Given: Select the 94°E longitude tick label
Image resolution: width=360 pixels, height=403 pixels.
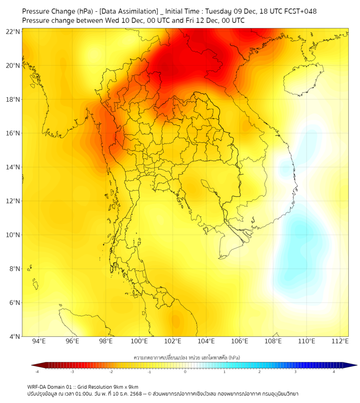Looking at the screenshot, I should tap(39, 341).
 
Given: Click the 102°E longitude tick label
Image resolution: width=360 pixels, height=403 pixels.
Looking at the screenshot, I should tap(173, 341).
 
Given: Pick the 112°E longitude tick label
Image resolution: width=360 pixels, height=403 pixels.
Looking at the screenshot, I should tap(340, 341).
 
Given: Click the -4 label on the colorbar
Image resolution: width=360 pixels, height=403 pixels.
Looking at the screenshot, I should tap(37, 372).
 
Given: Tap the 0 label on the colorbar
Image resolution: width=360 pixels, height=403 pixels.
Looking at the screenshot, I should tap(185, 372).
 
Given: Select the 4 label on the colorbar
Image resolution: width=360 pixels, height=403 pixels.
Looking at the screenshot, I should tap(333, 372).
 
